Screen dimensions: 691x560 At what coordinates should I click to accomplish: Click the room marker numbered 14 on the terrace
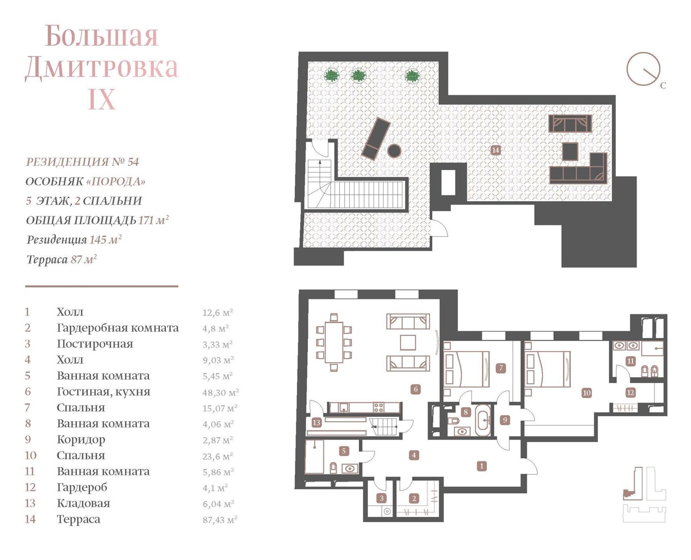point(495,150)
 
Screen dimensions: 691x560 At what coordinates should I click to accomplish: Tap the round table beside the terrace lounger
point(394,150)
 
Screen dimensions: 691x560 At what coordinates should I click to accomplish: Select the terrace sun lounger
point(376,139)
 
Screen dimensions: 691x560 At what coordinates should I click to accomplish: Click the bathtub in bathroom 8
point(484,420)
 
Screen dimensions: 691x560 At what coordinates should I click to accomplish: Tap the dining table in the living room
point(334,342)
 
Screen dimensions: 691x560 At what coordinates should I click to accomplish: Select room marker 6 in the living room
point(415,389)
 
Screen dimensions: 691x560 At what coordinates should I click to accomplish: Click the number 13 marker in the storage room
point(316,423)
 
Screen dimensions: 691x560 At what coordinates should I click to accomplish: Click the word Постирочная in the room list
point(95,344)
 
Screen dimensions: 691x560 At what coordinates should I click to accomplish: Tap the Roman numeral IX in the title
point(101,99)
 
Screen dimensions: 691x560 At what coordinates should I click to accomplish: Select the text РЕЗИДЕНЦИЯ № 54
point(82,162)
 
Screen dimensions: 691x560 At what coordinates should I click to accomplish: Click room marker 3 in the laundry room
point(381,498)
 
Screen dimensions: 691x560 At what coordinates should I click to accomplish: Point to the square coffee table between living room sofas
point(408,342)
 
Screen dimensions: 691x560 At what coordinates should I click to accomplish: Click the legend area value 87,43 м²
point(220,520)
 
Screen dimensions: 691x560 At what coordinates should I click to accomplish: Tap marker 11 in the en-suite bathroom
point(631,361)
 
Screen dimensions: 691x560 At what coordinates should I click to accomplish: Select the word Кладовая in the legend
point(83,503)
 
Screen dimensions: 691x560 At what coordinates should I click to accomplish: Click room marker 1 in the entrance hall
point(482,466)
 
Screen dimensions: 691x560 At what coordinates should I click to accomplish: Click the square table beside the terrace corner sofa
point(570,151)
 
